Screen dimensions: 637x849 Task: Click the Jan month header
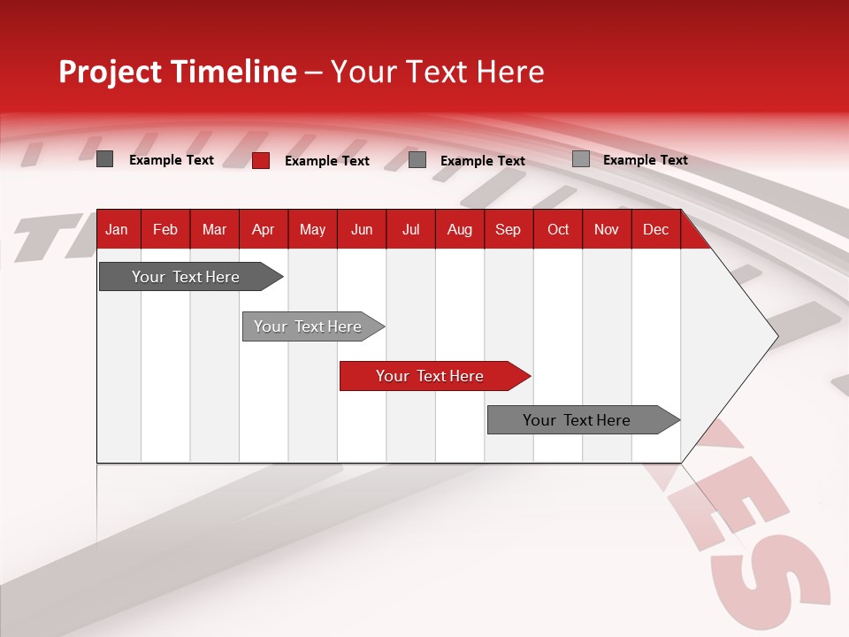pyautogui.click(x=118, y=229)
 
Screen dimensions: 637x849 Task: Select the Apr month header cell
pyautogui.click(x=264, y=229)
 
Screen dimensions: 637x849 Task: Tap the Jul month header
pyautogui.click(x=410, y=229)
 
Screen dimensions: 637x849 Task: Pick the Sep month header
pyautogui.click(x=509, y=229)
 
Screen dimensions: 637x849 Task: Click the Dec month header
pyautogui.click(x=655, y=229)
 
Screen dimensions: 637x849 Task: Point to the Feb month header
pyautogui.click(x=165, y=229)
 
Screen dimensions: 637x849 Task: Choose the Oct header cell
pyautogui.click(x=558, y=229)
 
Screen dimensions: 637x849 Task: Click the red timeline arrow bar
pyautogui.click(x=430, y=376)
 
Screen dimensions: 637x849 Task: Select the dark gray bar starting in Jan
pyautogui.click(x=186, y=277)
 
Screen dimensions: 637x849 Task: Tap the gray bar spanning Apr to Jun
pyautogui.click(x=308, y=326)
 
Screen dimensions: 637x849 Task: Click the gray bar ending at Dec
pyautogui.click(x=577, y=420)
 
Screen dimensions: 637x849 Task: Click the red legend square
pyautogui.click(x=261, y=160)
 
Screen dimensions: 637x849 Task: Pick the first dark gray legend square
pyautogui.click(x=104, y=159)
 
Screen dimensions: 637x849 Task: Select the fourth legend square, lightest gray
pyautogui.click(x=580, y=159)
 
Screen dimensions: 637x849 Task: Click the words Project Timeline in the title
pyautogui.click(x=177, y=72)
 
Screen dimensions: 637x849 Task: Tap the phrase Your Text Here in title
pyautogui.click(x=437, y=72)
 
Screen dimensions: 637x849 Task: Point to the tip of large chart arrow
pyautogui.click(x=776, y=336)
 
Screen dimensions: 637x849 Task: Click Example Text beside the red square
pyautogui.click(x=326, y=161)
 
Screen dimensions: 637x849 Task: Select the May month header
pyautogui.click(x=312, y=229)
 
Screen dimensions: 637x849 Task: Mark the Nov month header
pyautogui.click(x=607, y=229)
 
